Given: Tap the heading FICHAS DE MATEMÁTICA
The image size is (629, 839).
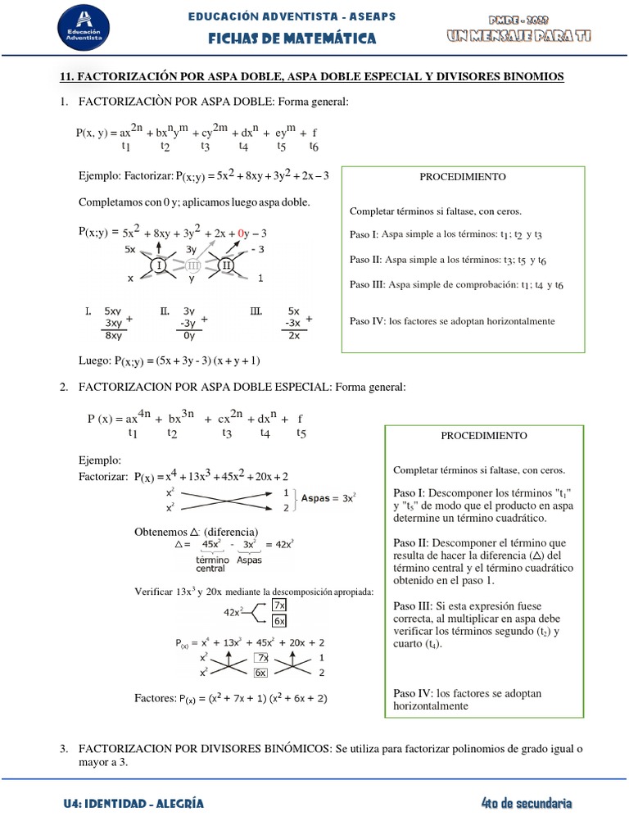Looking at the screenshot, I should (x=292, y=39).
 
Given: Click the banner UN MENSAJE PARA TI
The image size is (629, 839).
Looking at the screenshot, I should (x=518, y=35).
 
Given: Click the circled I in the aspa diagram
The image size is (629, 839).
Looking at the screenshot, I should (x=159, y=265).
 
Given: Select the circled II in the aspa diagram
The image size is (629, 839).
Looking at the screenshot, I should (x=226, y=265).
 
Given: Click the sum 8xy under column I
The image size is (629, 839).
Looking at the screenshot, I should (x=113, y=335).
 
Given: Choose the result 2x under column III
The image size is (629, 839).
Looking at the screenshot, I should (x=294, y=335).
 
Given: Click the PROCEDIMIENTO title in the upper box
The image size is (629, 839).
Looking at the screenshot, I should (x=463, y=177).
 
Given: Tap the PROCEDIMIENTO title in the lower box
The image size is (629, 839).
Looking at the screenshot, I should (x=484, y=436).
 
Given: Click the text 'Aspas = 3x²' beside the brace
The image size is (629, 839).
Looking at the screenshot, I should (x=328, y=497).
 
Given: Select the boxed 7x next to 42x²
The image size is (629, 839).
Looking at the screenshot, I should (x=278, y=605).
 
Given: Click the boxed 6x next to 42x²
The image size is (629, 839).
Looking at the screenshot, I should (x=278, y=621).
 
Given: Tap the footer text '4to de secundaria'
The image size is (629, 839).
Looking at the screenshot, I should (x=527, y=804).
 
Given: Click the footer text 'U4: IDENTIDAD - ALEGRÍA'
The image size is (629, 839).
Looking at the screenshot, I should (x=133, y=804).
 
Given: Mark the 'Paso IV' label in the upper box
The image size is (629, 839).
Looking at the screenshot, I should (x=367, y=321).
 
